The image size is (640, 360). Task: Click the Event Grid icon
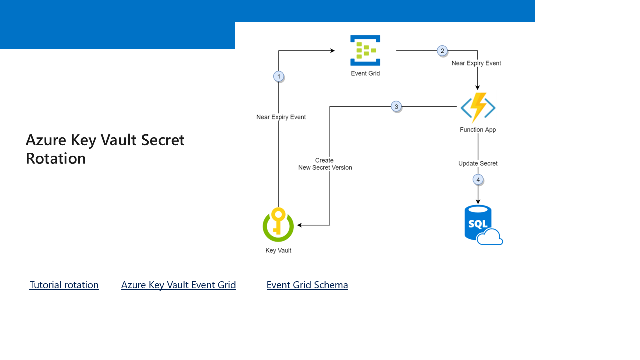365,50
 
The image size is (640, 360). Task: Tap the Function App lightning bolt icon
478,108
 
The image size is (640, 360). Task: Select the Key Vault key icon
278,224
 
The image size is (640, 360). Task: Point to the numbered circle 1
279,76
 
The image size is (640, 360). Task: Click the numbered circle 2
442,51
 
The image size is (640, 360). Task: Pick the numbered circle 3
396,106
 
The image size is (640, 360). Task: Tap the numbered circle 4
478,179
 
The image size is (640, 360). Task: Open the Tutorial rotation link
64,285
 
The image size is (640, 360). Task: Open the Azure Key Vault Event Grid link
178,285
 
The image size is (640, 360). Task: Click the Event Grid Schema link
307,285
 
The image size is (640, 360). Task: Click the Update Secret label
478,164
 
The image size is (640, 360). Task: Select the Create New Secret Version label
325,164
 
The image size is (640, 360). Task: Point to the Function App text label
478,130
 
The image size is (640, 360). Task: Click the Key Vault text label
278,251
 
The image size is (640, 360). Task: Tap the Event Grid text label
365,74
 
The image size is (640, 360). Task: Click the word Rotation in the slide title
56,158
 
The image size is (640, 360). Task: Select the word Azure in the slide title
46,140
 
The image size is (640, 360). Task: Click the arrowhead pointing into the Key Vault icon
300,225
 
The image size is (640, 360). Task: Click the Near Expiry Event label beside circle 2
476,63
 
